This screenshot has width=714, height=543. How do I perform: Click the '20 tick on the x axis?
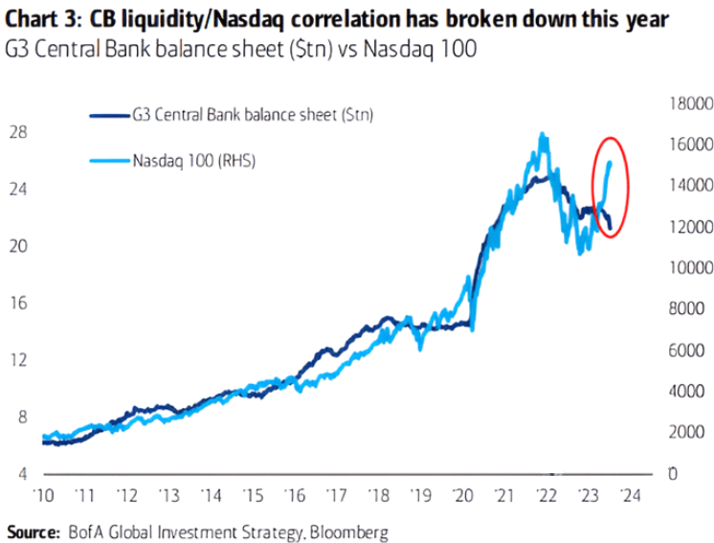click(464, 496)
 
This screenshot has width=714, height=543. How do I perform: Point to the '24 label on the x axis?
click(631, 496)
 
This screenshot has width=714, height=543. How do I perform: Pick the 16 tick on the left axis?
click(18, 303)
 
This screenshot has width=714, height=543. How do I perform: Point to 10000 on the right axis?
click(685, 267)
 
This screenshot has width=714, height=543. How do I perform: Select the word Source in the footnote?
click(31, 530)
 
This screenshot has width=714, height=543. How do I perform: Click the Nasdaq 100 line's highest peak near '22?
click(544, 134)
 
